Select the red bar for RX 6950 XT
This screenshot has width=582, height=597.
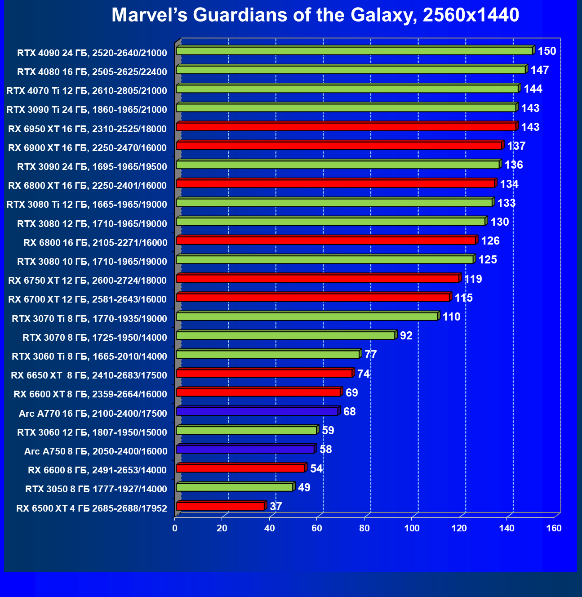(x=346, y=127)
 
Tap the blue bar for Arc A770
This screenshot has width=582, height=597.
(x=257, y=411)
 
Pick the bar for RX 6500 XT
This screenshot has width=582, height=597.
(x=220, y=506)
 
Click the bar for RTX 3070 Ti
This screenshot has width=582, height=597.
(x=307, y=316)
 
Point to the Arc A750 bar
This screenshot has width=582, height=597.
(x=245, y=449)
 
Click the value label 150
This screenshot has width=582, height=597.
(x=547, y=51)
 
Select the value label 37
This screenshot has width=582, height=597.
(x=276, y=507)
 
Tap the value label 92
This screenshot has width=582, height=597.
(x=406, y=336)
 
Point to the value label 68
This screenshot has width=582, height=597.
(x=349, y=412)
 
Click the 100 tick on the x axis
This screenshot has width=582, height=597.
(x=412, y=528)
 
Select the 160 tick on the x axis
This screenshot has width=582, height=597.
(x=554, y=528)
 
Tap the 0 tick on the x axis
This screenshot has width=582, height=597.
(x=175, y=528)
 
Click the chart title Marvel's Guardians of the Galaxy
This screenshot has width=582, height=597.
(x=315, y=15)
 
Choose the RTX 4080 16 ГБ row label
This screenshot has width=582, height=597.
(x=92, y=72)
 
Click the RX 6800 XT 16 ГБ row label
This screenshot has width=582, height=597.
(x=88, y=186)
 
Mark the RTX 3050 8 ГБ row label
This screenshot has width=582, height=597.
(x=96, y=489)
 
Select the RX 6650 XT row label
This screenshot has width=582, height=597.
(x=89, y=375)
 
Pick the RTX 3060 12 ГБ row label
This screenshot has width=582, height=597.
(x=92, y=432)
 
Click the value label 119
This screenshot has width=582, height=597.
(x=473, y=279)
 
